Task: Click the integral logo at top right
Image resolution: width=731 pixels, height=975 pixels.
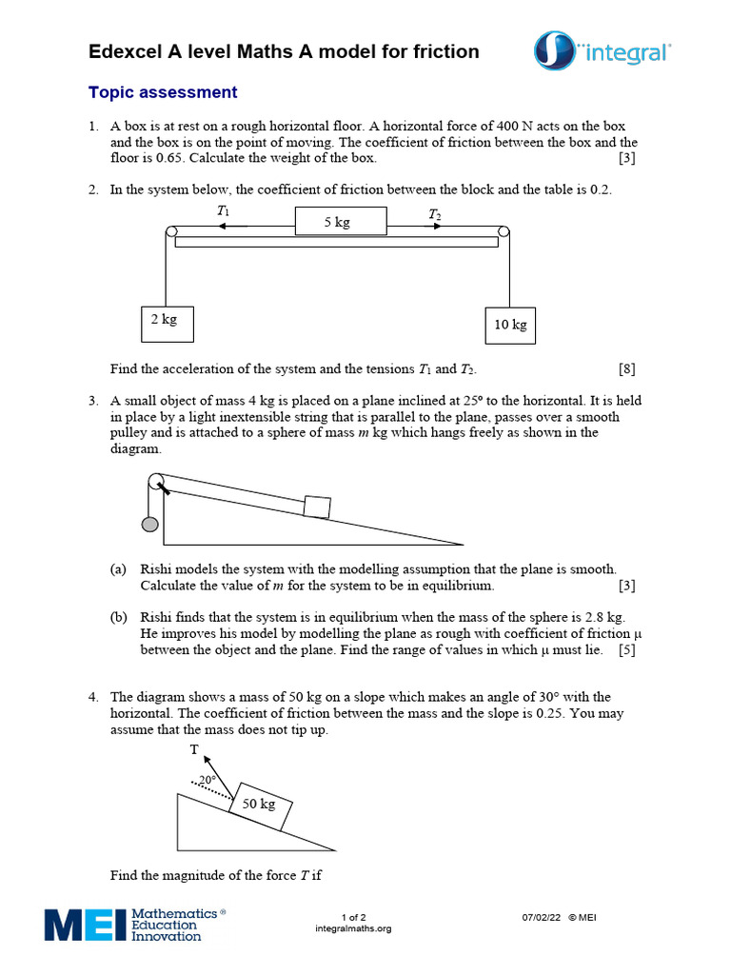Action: coord(603,50)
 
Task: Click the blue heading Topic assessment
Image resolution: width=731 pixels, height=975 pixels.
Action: coord(162,92)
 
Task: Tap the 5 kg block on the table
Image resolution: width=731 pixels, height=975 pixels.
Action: coord(340,221)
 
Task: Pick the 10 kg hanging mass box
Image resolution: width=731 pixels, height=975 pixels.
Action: coord(510,325)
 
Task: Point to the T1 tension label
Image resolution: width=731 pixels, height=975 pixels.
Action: coord(223,211)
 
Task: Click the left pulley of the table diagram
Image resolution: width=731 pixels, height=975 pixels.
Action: coord(171,231)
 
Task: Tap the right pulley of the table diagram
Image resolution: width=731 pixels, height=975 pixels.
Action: coord(504,231)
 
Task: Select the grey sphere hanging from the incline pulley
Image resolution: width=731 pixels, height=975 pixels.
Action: coord(149,524)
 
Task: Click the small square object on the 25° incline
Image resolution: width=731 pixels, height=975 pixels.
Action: coord(317,506)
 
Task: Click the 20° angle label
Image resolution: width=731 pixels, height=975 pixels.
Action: coord(207,779)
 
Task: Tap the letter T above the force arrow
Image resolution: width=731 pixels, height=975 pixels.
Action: coord(194,750)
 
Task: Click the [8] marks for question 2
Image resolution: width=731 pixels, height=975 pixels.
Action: coord(626,368)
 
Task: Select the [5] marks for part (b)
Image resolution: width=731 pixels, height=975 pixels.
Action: coord(626,650)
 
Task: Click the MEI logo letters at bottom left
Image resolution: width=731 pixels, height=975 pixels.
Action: coord(84,925)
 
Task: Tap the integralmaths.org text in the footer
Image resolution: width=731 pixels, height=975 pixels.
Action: coord(352,928)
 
